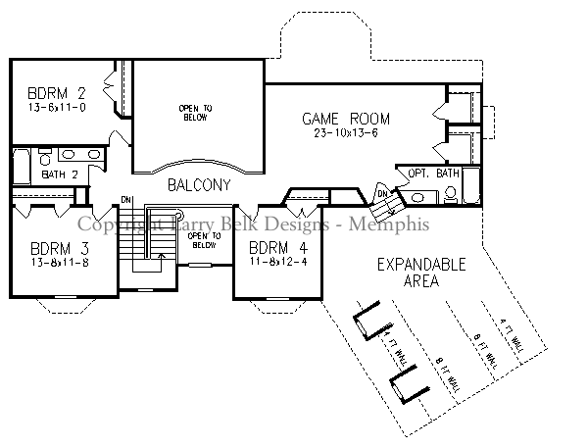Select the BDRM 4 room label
pyautogui.click(x=270, y=246)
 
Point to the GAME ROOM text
pyautogui.click(x=340, y=119)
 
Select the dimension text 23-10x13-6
pyautogui.click(x=340, y=133)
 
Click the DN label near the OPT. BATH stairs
pyautogui.click(x=381, y=192)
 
